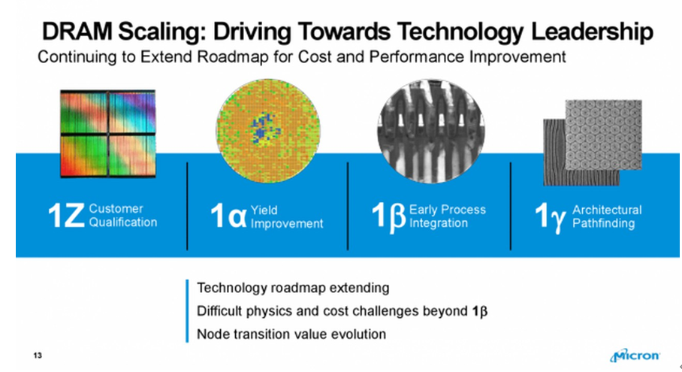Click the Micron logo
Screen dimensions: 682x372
pos(635,355)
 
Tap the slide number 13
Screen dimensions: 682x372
pos(38,355)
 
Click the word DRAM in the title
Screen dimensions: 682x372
pos(76,32)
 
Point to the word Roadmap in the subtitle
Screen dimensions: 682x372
pos(233,57)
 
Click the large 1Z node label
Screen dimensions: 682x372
pos(66,216)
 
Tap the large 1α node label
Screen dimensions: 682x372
pos(228,216)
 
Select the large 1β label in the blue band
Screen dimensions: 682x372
pos(389,216)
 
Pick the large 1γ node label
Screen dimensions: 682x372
pos(551,217)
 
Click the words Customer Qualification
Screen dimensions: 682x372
pos(123,216)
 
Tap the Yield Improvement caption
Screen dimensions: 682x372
pos(287,216)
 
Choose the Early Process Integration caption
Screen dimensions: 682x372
pos(447,216)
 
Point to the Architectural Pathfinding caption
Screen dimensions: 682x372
pos(607,216)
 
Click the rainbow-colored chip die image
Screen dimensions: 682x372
pos(108,134)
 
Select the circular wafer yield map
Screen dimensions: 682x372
pos(268,131)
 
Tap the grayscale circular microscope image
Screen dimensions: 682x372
pos(431,131)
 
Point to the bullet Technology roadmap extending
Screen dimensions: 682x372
pos(293,288)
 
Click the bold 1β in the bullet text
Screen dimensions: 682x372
pos(480,312)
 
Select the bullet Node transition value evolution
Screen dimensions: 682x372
pos(291,334)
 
